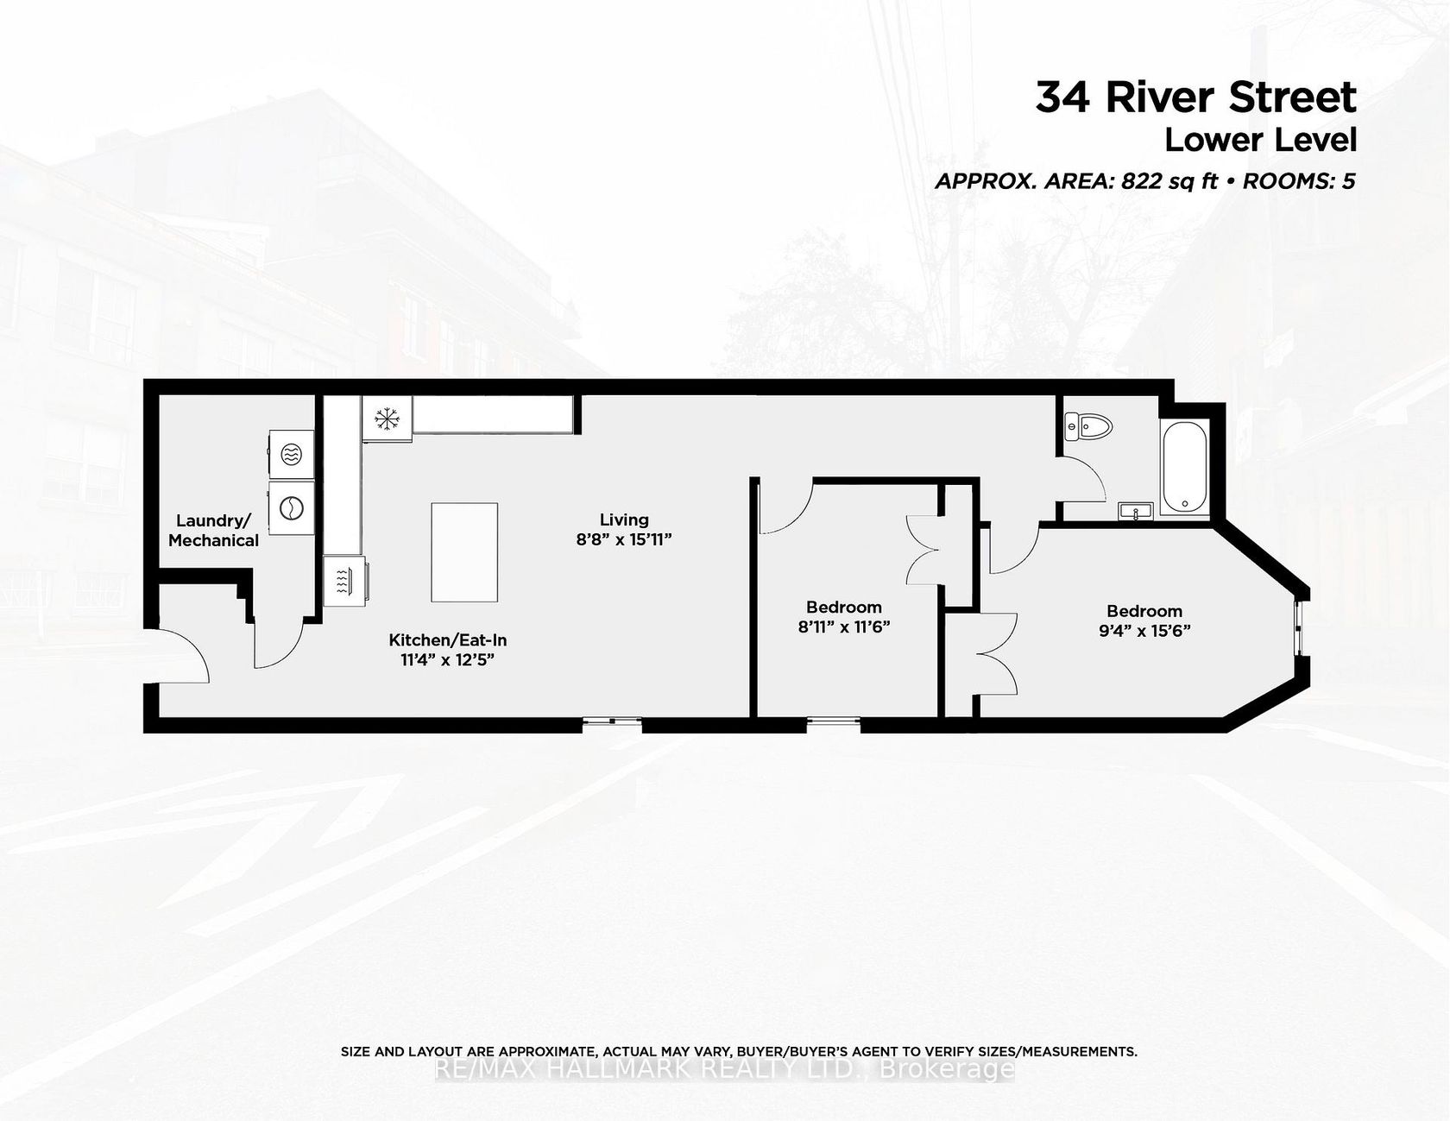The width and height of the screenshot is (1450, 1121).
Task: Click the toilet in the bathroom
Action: pos(1088,425)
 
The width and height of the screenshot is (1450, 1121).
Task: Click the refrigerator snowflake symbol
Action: pos(387,419)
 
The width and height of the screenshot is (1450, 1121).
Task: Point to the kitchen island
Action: pos(464,552)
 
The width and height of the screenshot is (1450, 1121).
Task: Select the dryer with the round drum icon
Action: pos(291,507)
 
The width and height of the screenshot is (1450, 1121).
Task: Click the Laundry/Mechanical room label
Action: pos(213,531)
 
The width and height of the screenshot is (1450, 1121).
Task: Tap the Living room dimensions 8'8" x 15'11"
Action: pos(624,539)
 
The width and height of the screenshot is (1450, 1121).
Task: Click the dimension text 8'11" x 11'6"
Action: pos(843,627)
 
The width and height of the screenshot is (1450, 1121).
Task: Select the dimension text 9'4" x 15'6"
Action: pos(1144,630)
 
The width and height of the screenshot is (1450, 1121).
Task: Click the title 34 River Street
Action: pos(1196,98)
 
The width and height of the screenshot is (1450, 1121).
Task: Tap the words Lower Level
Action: pos(1261,140)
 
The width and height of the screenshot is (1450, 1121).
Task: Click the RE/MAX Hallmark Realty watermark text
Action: pos(725,1070)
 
